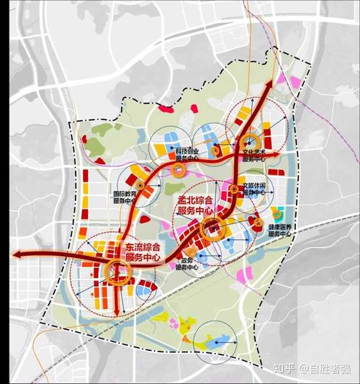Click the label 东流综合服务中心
coord(143,252)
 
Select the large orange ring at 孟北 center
coord(214,231)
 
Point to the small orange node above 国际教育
coord(141,184)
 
